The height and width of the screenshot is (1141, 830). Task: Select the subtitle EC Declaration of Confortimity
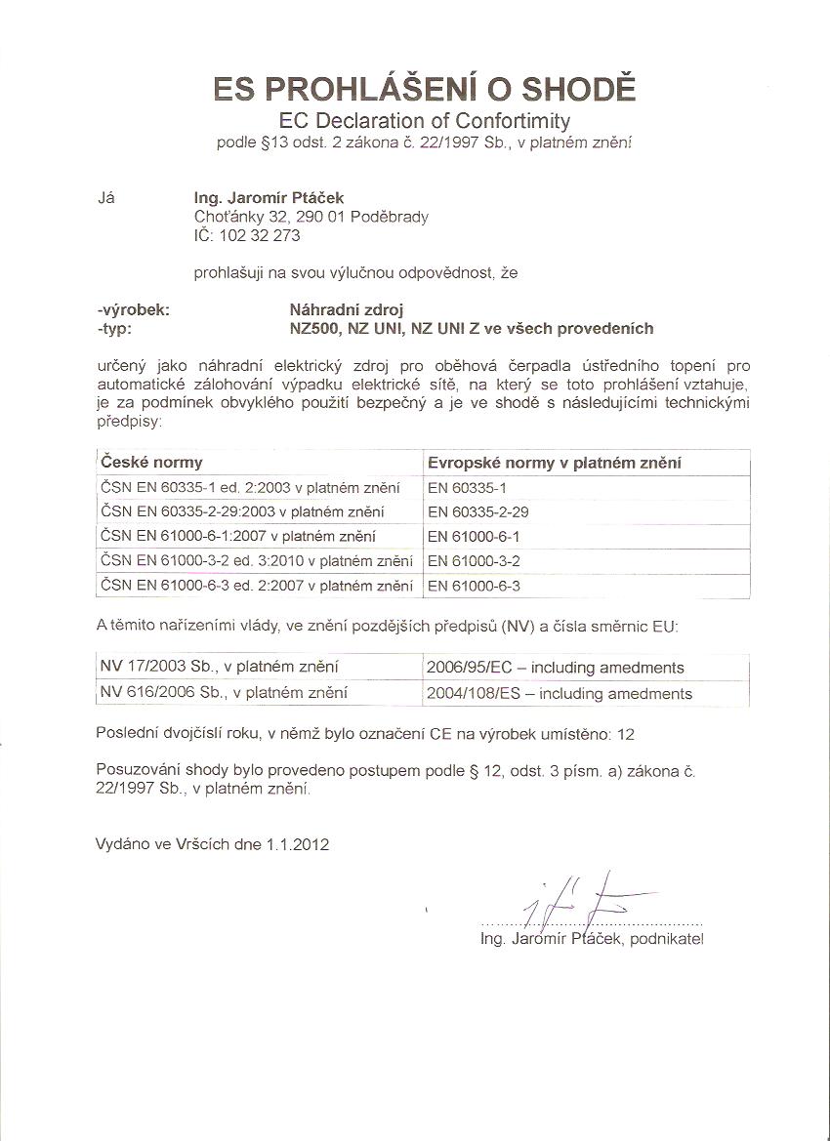424,121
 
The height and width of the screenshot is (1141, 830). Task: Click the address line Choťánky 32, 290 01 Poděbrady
311,217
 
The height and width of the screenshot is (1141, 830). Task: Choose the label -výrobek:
135,309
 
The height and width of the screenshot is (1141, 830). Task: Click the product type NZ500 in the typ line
315,328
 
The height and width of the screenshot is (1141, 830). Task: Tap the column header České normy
151,462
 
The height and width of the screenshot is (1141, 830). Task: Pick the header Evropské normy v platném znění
554,462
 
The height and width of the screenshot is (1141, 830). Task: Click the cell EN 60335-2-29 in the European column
477,511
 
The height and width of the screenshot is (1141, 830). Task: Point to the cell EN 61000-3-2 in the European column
474,560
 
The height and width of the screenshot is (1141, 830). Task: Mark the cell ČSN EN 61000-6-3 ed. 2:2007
256,585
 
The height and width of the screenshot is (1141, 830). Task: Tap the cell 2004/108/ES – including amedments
559,693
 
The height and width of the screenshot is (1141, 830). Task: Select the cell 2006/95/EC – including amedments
555,668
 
